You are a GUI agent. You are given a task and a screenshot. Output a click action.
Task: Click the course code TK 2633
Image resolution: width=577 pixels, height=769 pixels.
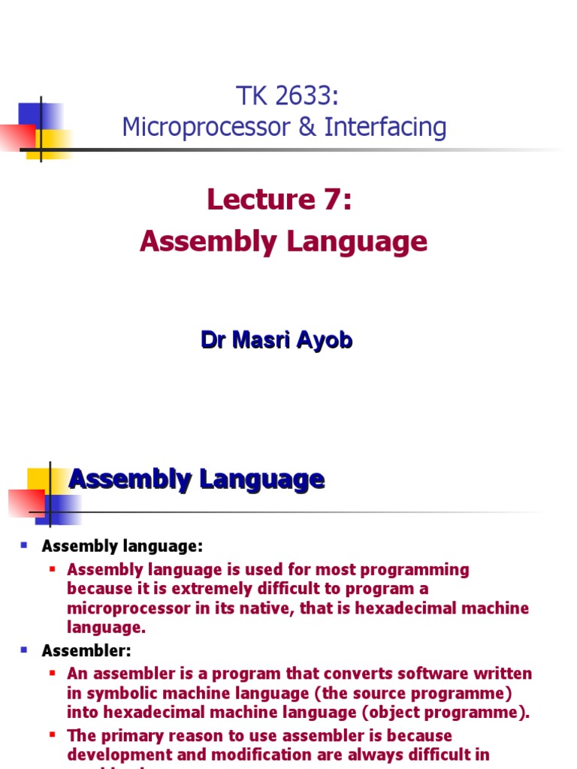tap(283, 96)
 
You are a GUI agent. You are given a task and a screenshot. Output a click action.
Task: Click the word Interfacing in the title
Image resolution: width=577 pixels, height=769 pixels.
tap(385, 128)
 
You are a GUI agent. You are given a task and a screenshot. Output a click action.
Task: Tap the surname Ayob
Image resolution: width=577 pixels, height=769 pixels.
tap(325, 340)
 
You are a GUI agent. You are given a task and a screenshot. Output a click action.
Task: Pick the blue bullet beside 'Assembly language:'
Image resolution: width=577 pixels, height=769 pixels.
tap(24, 544)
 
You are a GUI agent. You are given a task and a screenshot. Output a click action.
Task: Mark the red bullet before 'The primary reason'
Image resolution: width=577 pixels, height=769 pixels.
tap(53, 735)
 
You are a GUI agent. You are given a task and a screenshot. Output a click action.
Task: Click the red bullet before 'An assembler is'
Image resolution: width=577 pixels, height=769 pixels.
tap(53, 673)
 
